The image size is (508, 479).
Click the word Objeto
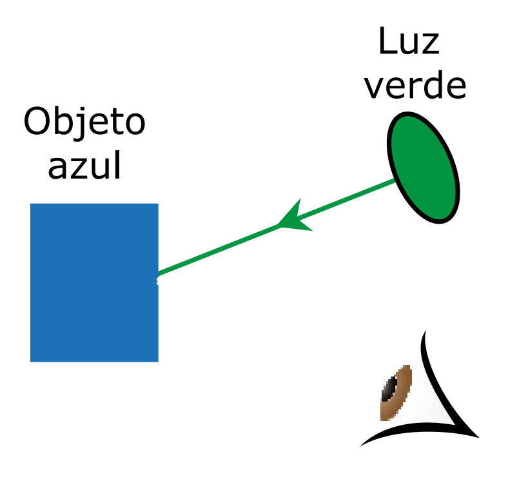(x=84, y=122)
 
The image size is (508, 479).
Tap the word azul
(x=84, y=166)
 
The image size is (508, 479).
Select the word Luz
(x=409, y=43)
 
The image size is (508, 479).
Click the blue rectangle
(x=94, y=282)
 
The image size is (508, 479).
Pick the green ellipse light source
(x=423, y=168)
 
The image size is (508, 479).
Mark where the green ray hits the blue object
(x=159, y=275)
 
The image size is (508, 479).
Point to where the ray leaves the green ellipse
(x=395, y=181)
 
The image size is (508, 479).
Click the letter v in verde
(x=373, y=87)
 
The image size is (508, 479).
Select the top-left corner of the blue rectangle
(x=31, y=204)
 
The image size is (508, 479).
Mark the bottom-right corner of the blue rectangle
(x=158, y=361)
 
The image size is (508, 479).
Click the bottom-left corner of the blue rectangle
(x=31, y=361)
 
